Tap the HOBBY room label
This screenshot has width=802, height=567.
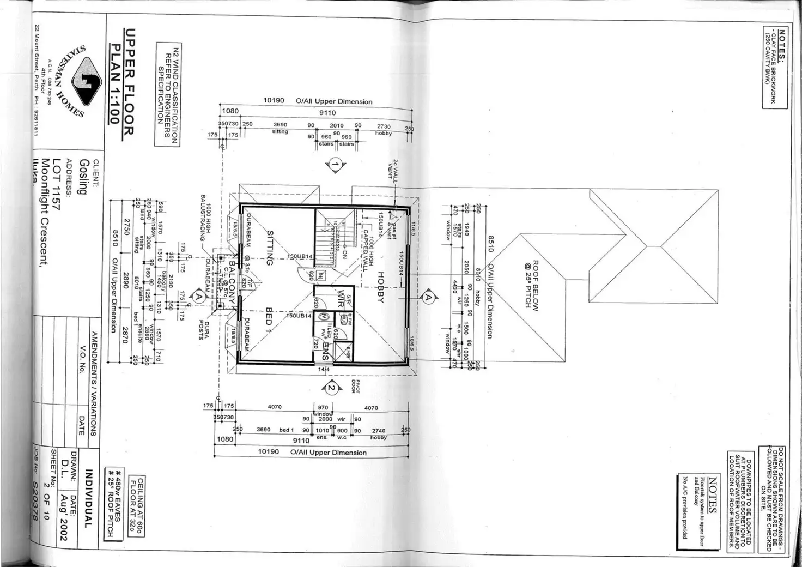[x=381, y=287]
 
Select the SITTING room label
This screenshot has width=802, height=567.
[x=269, y=248]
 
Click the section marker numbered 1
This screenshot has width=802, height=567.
[x=336, y=165]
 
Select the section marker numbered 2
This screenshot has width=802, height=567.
[x=331, y=388]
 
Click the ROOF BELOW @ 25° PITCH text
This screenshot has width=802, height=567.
[x=531, y=284]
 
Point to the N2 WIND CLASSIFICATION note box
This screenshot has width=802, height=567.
[x=167, y=94]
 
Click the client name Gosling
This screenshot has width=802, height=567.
[x=83, y=177]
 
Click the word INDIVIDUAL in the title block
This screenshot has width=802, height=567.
[x=89, y=498]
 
